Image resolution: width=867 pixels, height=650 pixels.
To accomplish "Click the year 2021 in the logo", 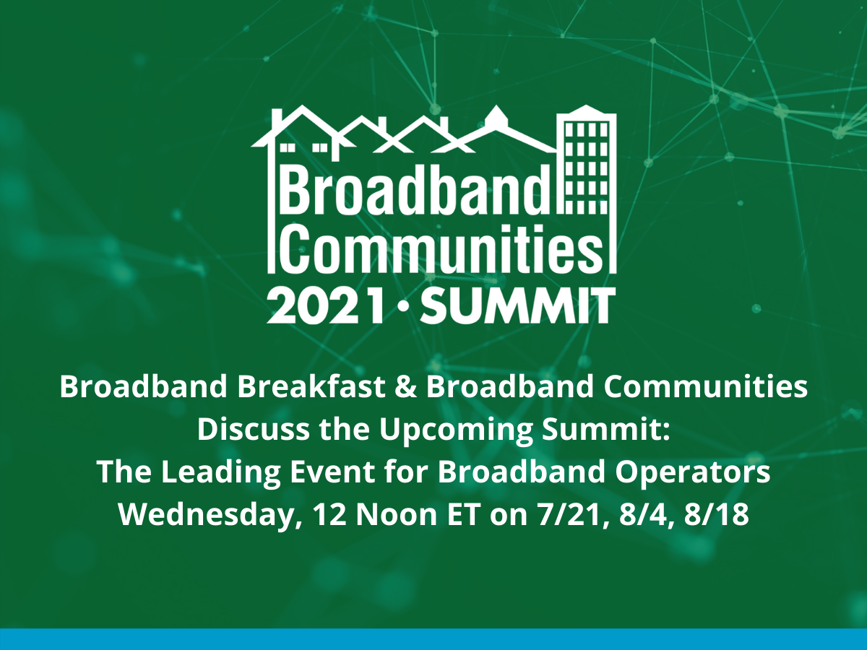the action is click(326, 305).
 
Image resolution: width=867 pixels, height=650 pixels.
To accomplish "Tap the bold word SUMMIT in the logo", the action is click(518, 305).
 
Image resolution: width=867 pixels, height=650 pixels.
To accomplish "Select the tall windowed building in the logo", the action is click(587, 188).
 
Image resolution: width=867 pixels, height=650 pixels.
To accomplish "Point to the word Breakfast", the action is click(311, 387).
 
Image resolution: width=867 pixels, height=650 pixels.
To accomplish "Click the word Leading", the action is click(221, 472).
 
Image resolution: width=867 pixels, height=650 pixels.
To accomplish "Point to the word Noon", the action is click(396, 515).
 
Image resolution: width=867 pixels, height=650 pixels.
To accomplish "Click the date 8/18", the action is click(717, 515).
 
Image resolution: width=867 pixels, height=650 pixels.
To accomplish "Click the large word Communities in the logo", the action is click(443, 248).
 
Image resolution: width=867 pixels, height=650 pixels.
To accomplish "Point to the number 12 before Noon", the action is click(329, 515).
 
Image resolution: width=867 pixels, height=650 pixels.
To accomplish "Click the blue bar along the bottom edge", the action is click(433, 639).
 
